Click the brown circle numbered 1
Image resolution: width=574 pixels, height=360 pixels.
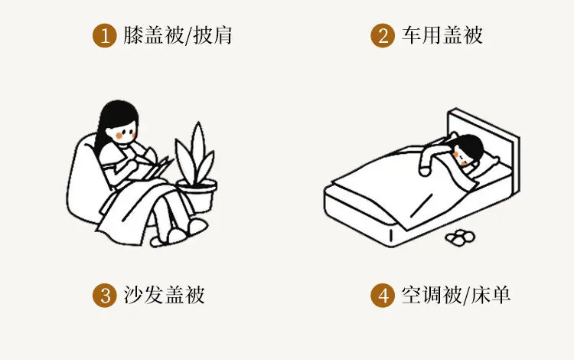[104, 35]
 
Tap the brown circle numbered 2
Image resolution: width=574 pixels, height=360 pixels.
[383, 35]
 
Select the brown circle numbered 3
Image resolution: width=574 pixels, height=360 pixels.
[104, 295]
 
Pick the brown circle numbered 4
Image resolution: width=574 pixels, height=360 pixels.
[383, 295]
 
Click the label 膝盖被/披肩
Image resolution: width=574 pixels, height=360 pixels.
[178, 35]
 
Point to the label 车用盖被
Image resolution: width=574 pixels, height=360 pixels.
[442, 35]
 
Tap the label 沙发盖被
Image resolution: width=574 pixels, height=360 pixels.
[164, 295]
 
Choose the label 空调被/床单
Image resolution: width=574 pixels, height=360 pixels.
[456, 295]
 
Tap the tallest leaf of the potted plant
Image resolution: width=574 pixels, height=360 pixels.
[198, 152]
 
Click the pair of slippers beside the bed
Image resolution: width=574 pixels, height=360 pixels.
[460, 237]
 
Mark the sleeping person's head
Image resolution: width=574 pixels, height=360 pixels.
[468, 150]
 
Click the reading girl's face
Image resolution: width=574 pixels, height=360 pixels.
[125, 134]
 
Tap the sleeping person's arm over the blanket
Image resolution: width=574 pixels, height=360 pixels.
[432, 155]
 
